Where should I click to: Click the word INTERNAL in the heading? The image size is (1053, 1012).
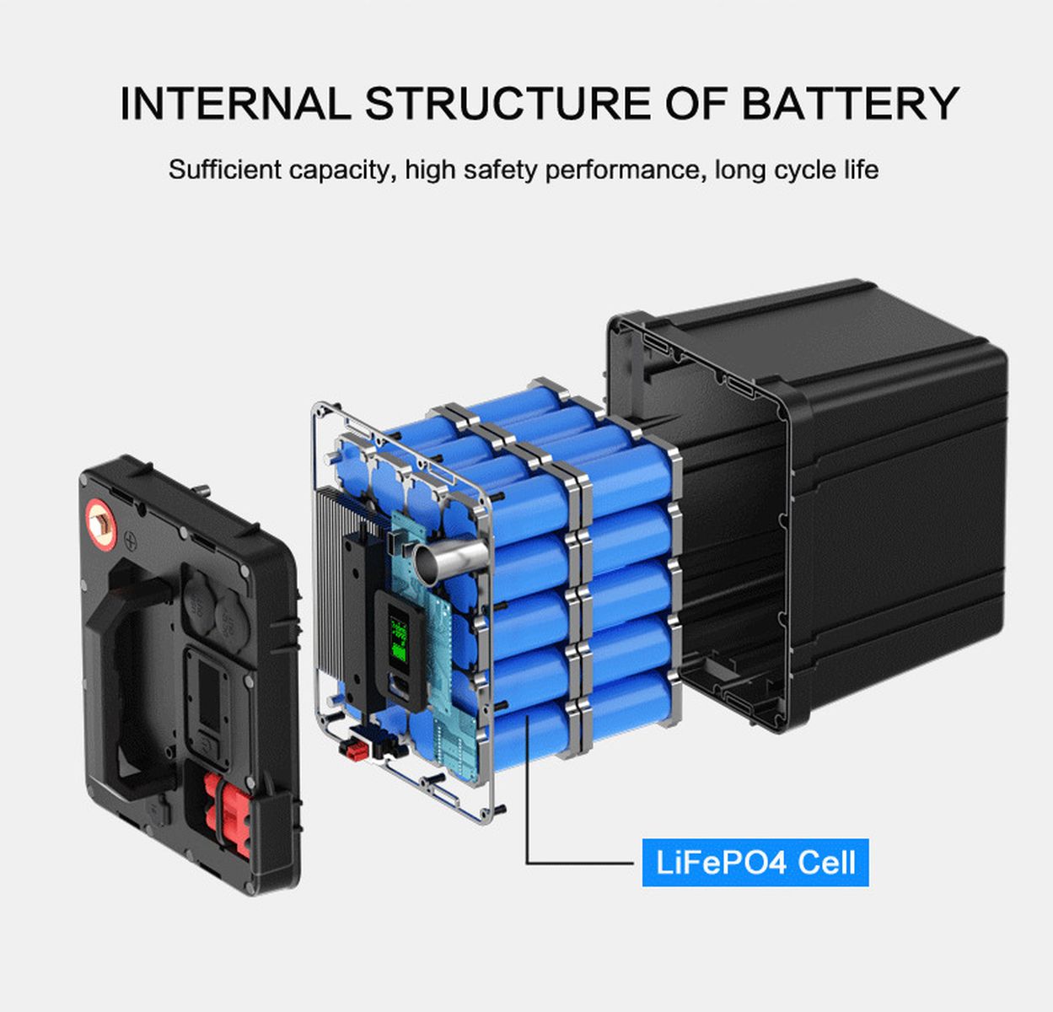[235, 103]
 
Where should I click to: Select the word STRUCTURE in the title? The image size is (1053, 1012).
[508, 103]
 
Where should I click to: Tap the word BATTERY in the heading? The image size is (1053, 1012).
[850, 103]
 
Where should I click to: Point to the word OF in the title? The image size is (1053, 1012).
[696, 103]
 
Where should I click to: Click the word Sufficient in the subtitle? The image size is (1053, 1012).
[224, 170]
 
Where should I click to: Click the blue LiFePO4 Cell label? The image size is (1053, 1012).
[755, 863]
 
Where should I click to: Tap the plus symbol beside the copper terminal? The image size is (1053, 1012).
[131, 539]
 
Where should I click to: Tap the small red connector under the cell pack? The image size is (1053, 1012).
[354, 750]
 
